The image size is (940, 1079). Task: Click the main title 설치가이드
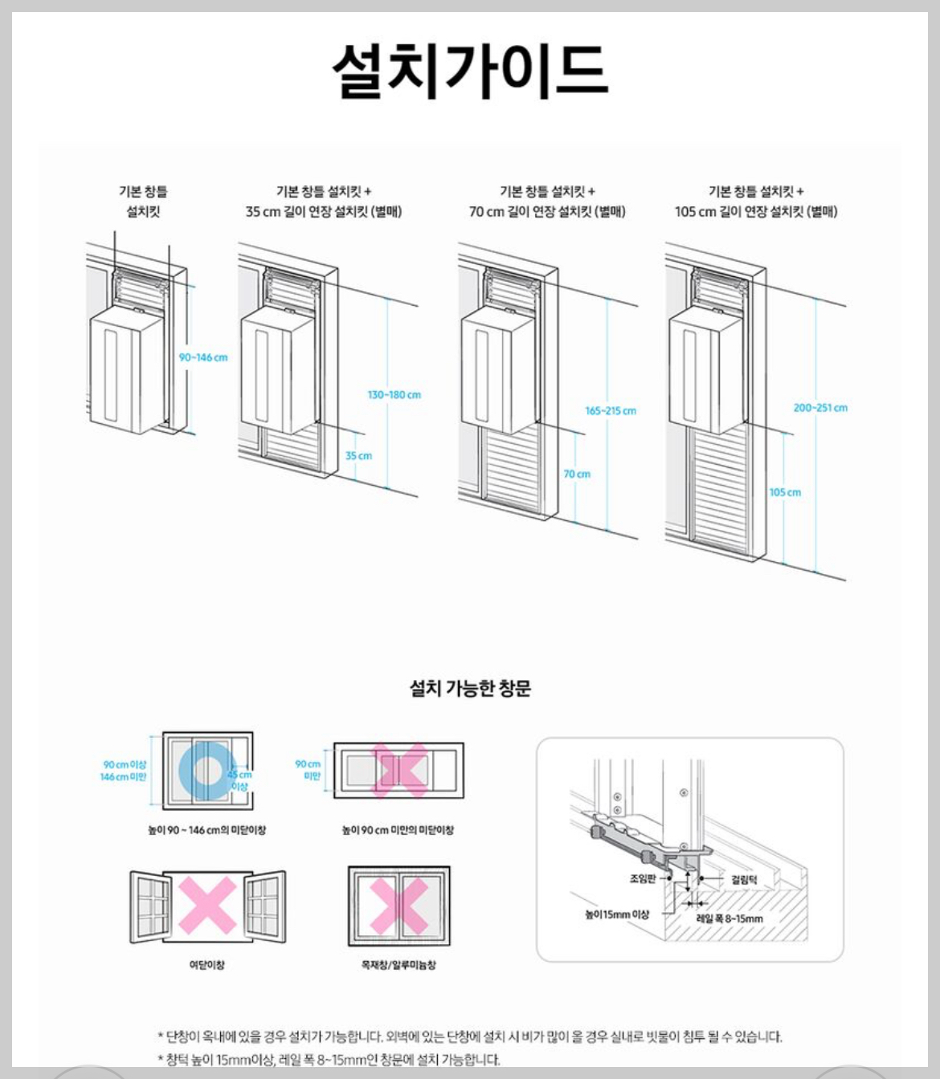(470, 71)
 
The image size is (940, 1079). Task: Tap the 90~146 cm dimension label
(202, 357)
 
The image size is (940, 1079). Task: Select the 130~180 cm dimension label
(394, 395)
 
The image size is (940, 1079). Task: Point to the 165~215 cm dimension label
(610, 411)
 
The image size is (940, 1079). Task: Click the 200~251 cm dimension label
(819, 408)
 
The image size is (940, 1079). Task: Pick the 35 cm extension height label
(358, 456)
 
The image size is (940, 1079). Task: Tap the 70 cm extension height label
(576, 474)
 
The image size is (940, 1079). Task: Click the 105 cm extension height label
(784, 492)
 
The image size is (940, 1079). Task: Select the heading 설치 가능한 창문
(470, 688)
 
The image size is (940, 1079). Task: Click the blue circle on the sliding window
(206, 770)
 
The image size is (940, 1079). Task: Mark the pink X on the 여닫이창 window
(207, 905)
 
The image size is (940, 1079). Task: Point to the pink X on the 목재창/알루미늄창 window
(399, 906)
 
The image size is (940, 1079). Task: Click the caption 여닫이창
(206, 964)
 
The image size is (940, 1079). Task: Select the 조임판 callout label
(642, 879)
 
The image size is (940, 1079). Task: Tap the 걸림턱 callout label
(743, 880)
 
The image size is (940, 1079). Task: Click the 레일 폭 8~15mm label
(729, 918)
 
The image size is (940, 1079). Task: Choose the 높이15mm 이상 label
(616, 914)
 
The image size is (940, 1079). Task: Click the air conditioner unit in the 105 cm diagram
(705, 369)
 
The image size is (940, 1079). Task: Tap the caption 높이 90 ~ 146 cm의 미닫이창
(206, 830)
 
